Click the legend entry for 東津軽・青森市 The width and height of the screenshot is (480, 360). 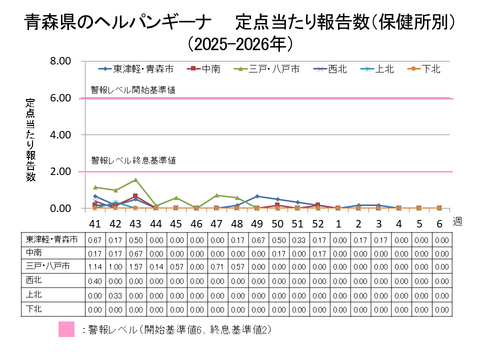[140, 69]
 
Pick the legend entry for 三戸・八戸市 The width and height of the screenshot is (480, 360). [264, 69]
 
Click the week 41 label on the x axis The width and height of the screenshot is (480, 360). [95, 224]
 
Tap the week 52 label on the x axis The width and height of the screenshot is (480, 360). [317, 224]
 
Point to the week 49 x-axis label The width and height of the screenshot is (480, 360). [257, 224]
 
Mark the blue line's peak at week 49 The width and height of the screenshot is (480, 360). [257, 196]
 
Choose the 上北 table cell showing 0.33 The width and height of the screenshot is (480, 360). [116, 297]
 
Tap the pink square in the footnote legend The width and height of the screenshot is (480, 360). [67, 329]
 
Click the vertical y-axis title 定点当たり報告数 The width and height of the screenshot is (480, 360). [31, 140]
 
